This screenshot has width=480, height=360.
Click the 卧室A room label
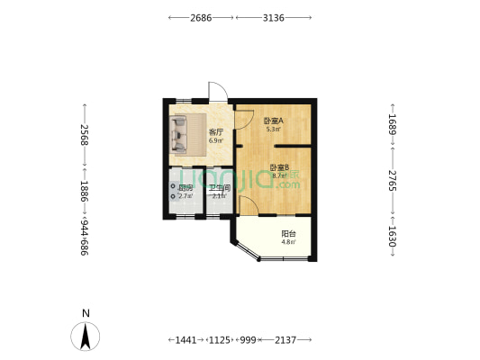pos(273,121)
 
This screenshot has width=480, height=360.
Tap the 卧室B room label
pos(278,167)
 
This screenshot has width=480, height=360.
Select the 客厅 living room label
pos(216,132)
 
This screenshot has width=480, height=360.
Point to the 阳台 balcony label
pos(288,232)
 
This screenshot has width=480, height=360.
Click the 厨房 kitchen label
pos(186,188)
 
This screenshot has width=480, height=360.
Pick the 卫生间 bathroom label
pos(221,188)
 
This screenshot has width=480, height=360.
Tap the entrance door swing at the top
pos(216,94)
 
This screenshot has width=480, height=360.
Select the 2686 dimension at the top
pos(201,17)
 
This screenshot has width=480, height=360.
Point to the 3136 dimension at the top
pos(275,17)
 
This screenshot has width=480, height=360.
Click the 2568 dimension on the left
pos(85,135)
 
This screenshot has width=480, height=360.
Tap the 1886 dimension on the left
pos(85,191)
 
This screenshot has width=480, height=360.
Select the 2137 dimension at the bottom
pos(286,339)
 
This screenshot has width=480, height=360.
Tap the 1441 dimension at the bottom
pos(186,339)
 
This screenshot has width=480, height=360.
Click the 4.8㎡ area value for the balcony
pos(288,241)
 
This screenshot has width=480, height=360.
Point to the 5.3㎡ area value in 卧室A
pos(273,130)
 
